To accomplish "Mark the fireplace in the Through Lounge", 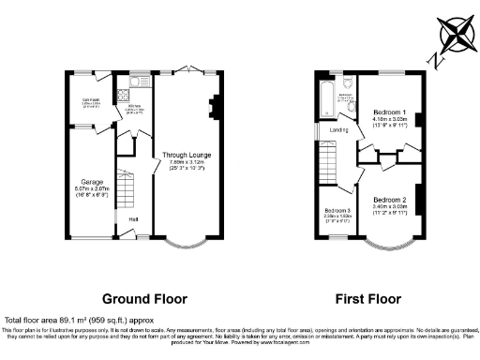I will [216, 107].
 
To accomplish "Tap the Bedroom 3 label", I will [337, 211].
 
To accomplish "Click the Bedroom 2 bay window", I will [387, 247].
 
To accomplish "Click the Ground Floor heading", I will [145, 299].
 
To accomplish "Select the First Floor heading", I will [367, 299].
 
